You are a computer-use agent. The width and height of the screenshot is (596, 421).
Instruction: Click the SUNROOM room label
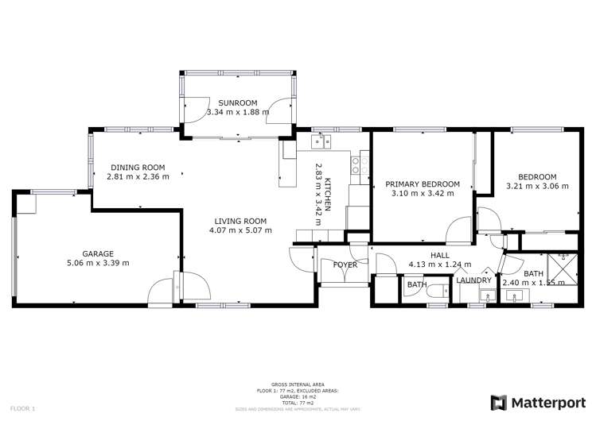click(238, 103)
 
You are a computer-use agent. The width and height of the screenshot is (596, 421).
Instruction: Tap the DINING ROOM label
click(137, 167)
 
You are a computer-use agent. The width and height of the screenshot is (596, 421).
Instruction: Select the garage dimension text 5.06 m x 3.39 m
click(99, 263)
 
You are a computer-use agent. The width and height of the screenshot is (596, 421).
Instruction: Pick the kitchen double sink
click(323, 141)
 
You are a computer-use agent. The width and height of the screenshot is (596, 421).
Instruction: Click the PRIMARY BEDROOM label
click(423, 183)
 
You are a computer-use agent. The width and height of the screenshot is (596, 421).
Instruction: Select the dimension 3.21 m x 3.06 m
click(537, 187)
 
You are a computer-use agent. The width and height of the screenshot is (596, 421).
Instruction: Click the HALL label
click(439, 255)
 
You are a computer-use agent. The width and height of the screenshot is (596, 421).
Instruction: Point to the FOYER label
click(345, 265)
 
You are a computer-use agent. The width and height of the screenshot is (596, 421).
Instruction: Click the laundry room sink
click(485, 296)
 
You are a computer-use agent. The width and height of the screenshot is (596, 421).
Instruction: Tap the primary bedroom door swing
click(460, 230)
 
